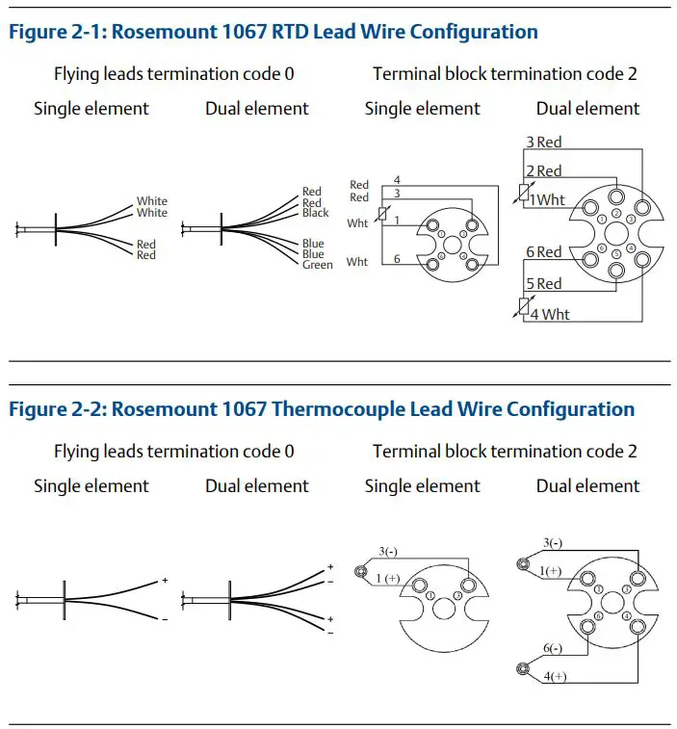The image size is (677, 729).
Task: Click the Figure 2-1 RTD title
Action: (273, 32)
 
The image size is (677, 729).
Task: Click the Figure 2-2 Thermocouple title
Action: (321, 409)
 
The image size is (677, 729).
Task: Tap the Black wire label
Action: (315, 213)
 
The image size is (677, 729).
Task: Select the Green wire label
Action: (317, 265)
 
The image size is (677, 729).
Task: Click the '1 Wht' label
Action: (547, 199)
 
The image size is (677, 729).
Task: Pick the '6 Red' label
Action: (543, 251)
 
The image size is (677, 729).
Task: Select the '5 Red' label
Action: (543, 283)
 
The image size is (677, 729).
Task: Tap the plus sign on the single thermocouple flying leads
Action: (165, 581)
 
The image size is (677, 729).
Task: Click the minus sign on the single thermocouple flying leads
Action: (165, 619)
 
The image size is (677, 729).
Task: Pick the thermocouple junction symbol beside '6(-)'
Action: (524, 668)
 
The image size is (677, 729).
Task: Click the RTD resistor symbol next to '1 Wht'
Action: (524, 191)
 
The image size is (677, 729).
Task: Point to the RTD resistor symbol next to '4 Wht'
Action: (524, 306)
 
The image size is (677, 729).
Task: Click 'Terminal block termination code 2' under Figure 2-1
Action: (505, 73)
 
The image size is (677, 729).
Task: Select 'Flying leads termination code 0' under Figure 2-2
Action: (173, 451)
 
